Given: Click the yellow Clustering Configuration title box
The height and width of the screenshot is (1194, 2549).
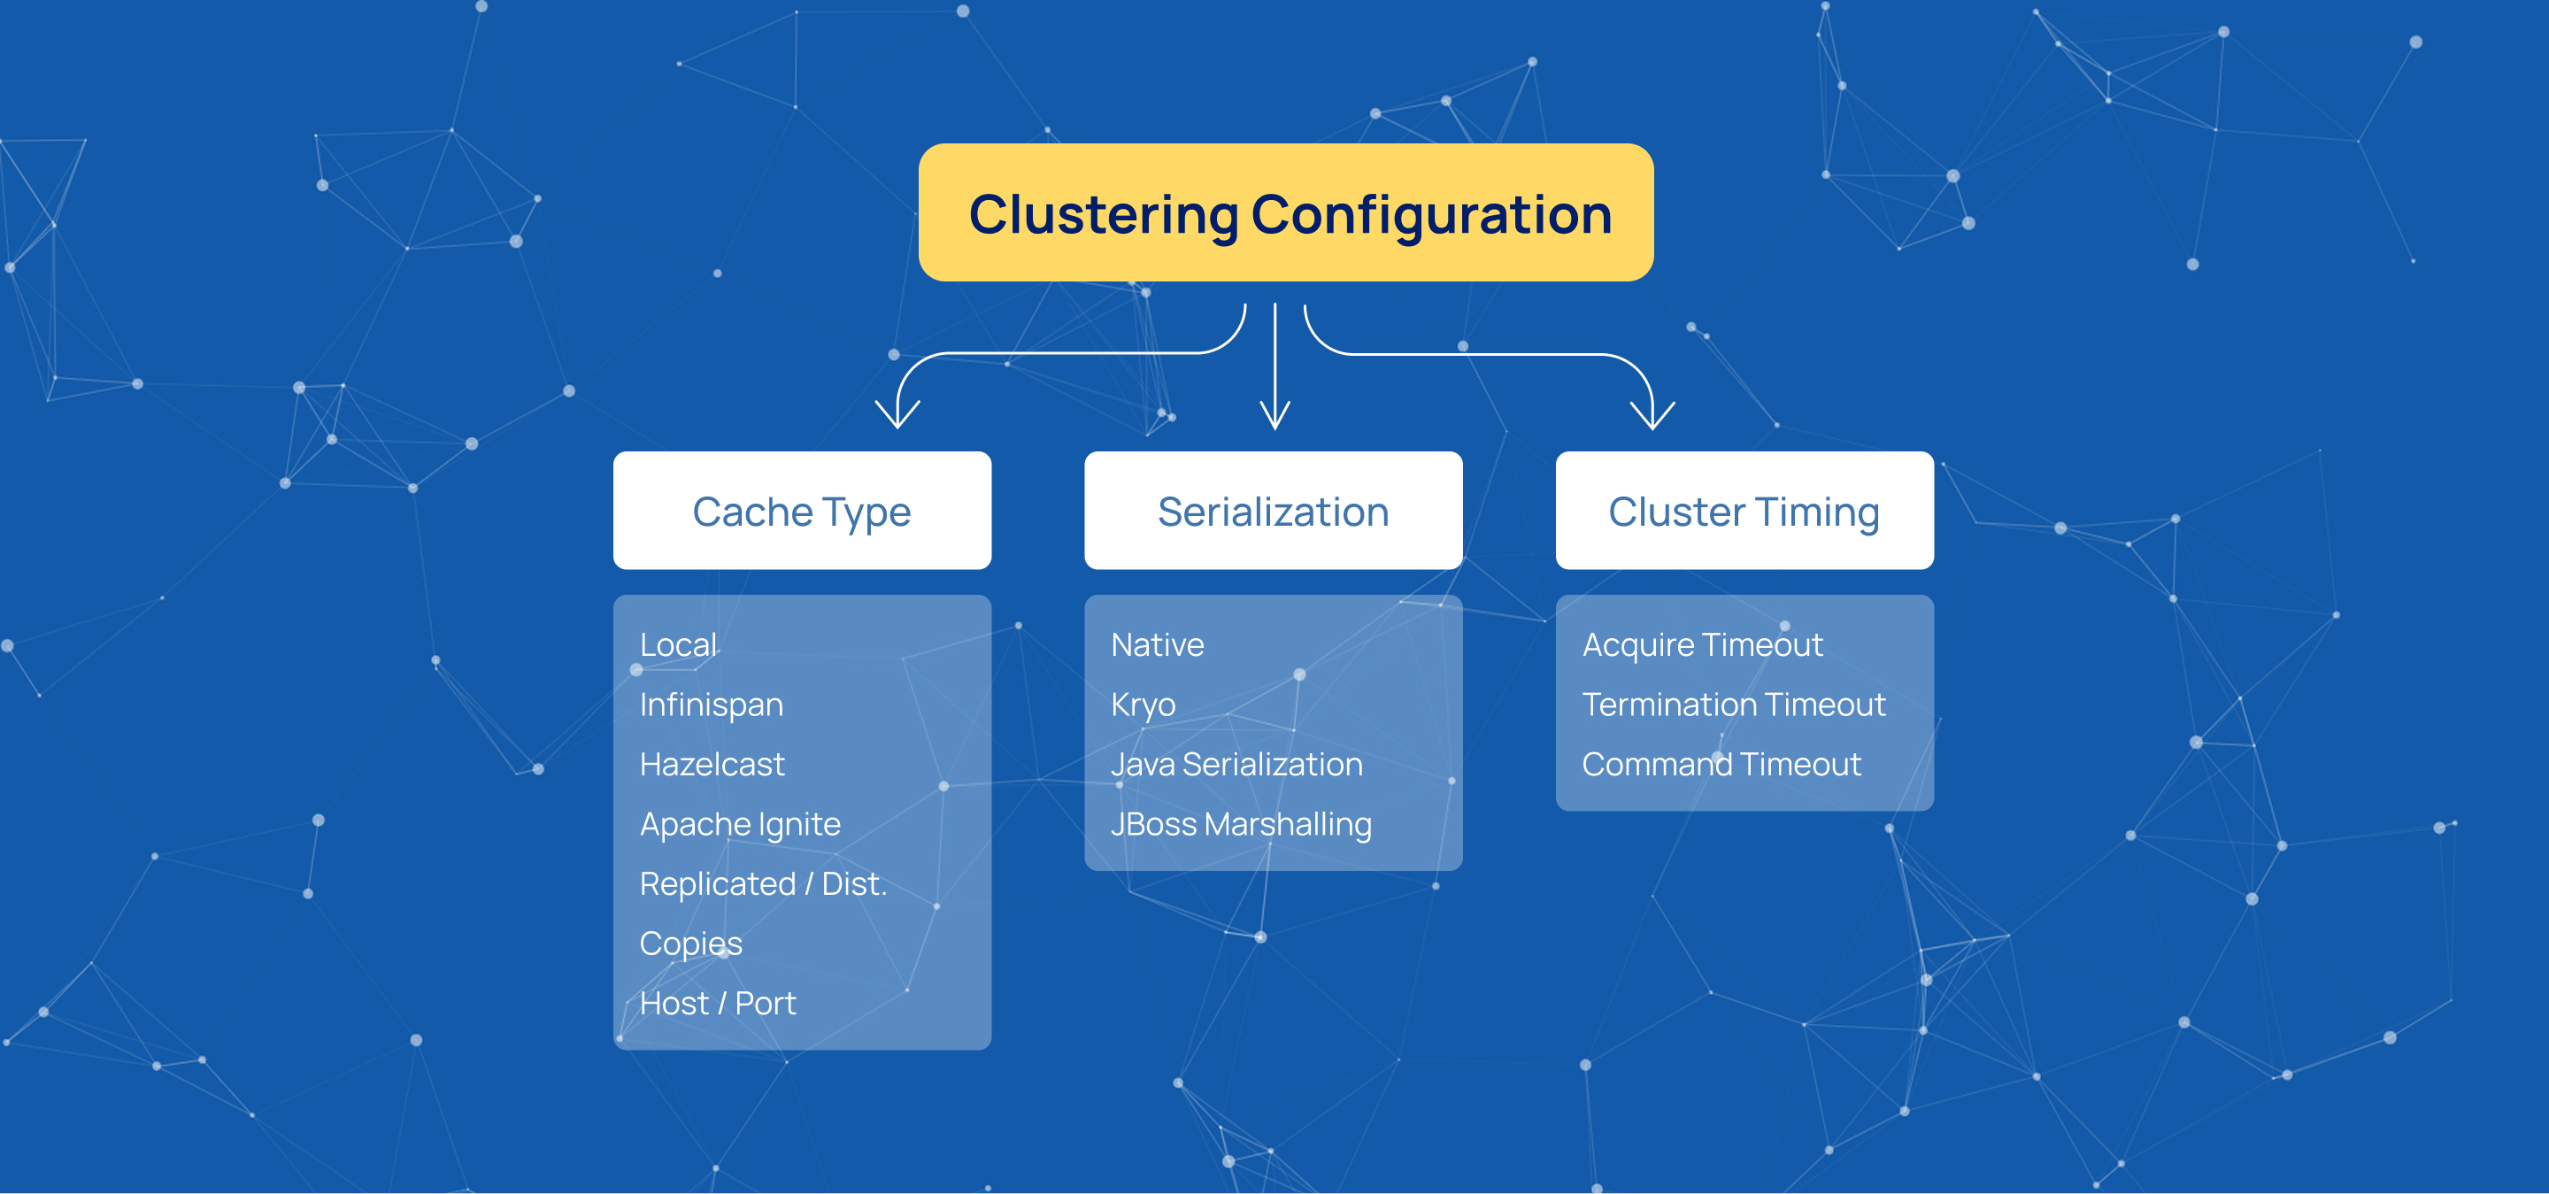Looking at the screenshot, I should [1285, 212].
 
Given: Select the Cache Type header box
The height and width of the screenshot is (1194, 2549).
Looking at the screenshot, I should [802, 511].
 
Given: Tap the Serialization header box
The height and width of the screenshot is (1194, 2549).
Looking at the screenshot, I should [1273, 511].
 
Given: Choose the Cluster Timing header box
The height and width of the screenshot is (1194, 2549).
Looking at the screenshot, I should [1744, 511].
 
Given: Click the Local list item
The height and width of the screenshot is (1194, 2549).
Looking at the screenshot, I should [678, 645].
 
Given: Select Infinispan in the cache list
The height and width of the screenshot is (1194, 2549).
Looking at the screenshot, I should [711, 705].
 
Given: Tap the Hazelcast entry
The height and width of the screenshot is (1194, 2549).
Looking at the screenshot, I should [712, 765].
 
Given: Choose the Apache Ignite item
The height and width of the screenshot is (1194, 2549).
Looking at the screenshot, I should [739, 824].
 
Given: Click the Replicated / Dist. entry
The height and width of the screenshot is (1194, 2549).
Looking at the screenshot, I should [762, 883].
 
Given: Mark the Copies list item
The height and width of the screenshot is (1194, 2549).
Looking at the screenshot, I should [689, 944].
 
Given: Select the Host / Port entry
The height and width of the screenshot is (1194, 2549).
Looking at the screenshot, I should [718, 1003].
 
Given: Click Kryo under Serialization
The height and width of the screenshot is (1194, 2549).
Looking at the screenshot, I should [1143, 705].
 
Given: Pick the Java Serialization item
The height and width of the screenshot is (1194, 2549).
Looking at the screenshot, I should [1236, 765].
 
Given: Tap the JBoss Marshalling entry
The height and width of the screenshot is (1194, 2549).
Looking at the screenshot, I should [1240, 824].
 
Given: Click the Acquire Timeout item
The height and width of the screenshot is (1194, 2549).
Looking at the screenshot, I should [1702, 645].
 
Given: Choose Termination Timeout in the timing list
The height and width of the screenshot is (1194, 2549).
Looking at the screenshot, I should [1733, 705].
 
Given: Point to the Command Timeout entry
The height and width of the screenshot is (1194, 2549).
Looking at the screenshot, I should [1721, 765].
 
